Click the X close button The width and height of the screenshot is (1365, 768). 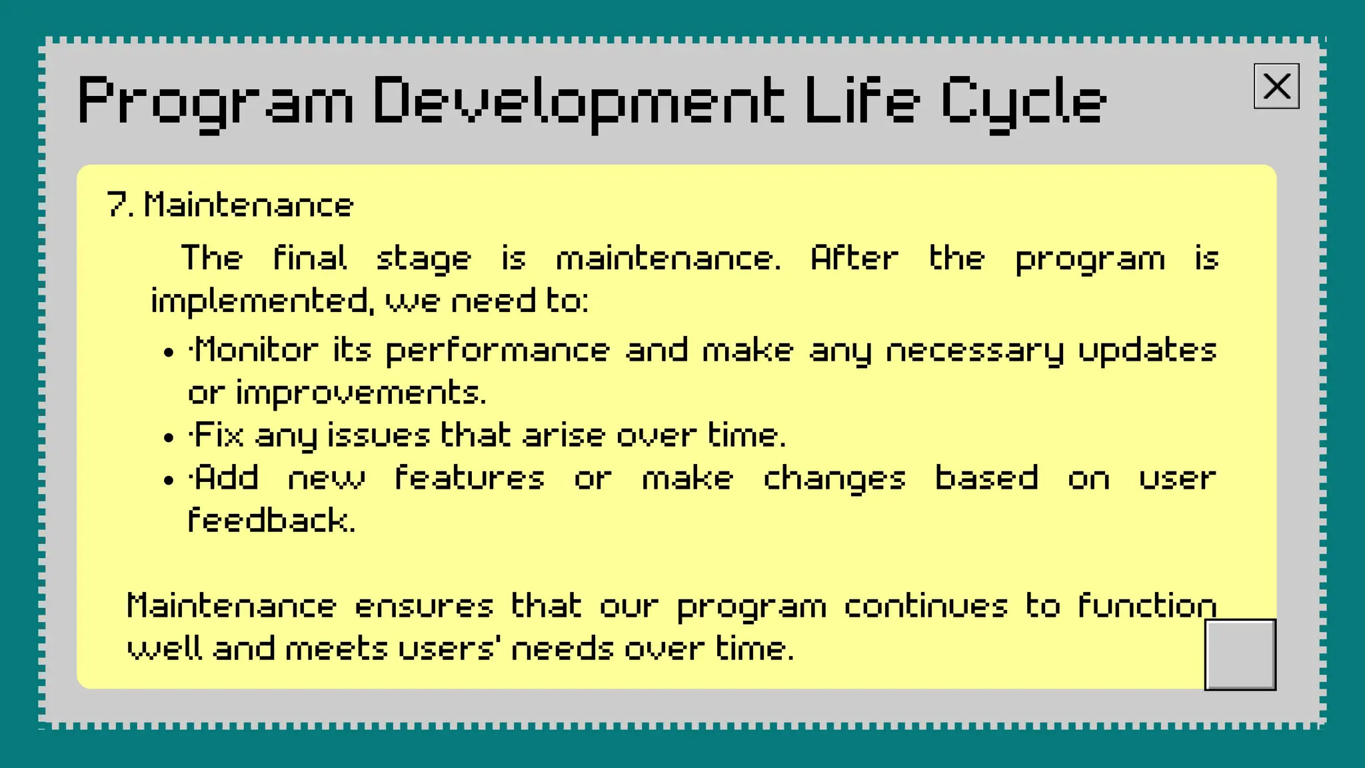(1276, 86)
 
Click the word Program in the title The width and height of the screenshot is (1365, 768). (215, 101)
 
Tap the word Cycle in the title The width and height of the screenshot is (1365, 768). (1022, 101)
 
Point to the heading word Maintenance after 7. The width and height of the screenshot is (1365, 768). (249, 205)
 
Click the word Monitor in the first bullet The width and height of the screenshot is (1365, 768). (256, 350)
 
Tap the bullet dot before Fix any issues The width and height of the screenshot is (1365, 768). (169, 438)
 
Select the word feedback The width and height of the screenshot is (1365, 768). (271, 520)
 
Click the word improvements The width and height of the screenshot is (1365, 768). (361, 393)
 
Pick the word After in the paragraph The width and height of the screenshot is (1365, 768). (854, 258)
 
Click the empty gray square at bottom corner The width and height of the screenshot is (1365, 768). (1240, 654)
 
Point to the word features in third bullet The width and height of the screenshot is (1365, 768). (469, 478)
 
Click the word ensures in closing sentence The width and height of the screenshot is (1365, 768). (424, 606)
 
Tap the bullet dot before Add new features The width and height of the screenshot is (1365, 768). (169, 481)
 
